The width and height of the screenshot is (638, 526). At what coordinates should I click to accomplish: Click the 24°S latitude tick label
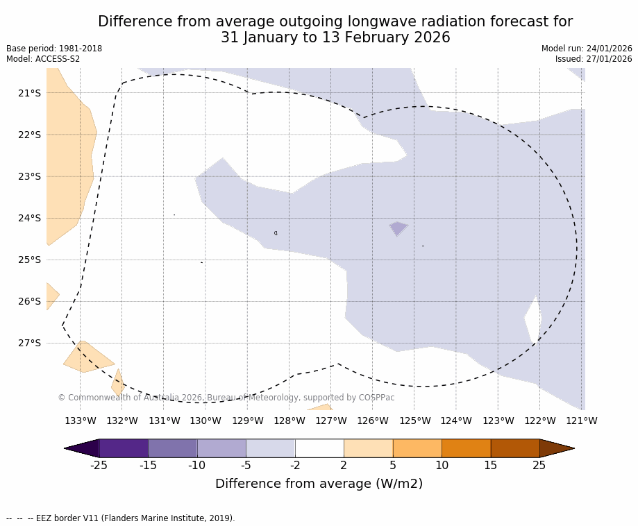click(29, 218)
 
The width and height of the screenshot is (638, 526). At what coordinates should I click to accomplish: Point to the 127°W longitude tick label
click(331, 421)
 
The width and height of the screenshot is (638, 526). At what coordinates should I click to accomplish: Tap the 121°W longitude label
click(582, 421)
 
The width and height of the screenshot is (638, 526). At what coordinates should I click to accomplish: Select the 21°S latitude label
click(29, 93)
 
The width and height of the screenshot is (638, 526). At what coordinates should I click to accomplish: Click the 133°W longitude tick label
click(81, 421)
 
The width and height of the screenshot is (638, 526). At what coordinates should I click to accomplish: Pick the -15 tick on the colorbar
click(148, 465)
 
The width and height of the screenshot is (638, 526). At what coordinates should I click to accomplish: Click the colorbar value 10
click(442, 465)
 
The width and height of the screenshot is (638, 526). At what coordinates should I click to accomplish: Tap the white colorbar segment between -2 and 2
click(319, 448)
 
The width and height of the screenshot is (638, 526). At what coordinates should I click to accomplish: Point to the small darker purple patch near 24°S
click(398, 228)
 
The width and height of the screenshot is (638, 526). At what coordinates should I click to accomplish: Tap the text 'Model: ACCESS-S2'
click(43, 59)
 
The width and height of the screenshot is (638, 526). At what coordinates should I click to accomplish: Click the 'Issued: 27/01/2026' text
click(594, 59)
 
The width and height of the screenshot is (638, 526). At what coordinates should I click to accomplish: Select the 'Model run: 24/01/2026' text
click(587, 49)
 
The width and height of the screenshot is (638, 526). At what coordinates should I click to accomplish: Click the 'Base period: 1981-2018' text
click(54, 49)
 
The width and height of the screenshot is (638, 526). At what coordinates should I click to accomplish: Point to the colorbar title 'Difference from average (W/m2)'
click(319, 484)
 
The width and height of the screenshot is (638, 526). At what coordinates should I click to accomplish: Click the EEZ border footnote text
click(121, 518)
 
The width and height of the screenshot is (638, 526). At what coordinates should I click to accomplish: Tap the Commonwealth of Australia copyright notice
click(226, 398)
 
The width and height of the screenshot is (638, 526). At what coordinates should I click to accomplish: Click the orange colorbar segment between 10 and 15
click(466, 448)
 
